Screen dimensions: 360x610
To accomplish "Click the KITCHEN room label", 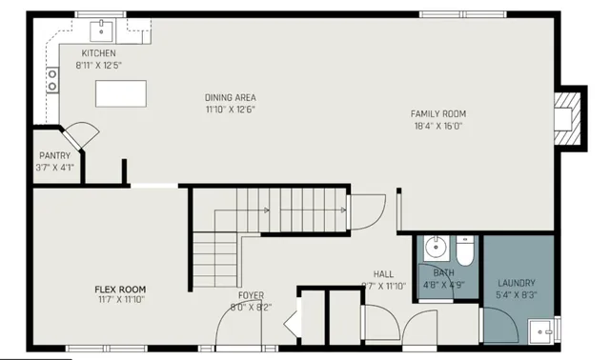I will coord(98,53).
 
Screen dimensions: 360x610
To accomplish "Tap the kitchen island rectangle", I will coord(120,93).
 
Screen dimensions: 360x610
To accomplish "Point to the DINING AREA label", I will coord(230,97).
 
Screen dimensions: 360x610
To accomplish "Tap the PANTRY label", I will coord(52,155).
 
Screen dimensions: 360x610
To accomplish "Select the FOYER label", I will coord(251,295).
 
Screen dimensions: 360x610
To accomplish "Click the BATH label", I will coord(443,272).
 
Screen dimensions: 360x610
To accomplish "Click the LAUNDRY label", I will coord(516,283).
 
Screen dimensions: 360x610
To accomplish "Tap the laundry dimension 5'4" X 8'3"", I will coord(516,294).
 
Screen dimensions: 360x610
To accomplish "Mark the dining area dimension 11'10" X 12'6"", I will coord(230,109).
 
